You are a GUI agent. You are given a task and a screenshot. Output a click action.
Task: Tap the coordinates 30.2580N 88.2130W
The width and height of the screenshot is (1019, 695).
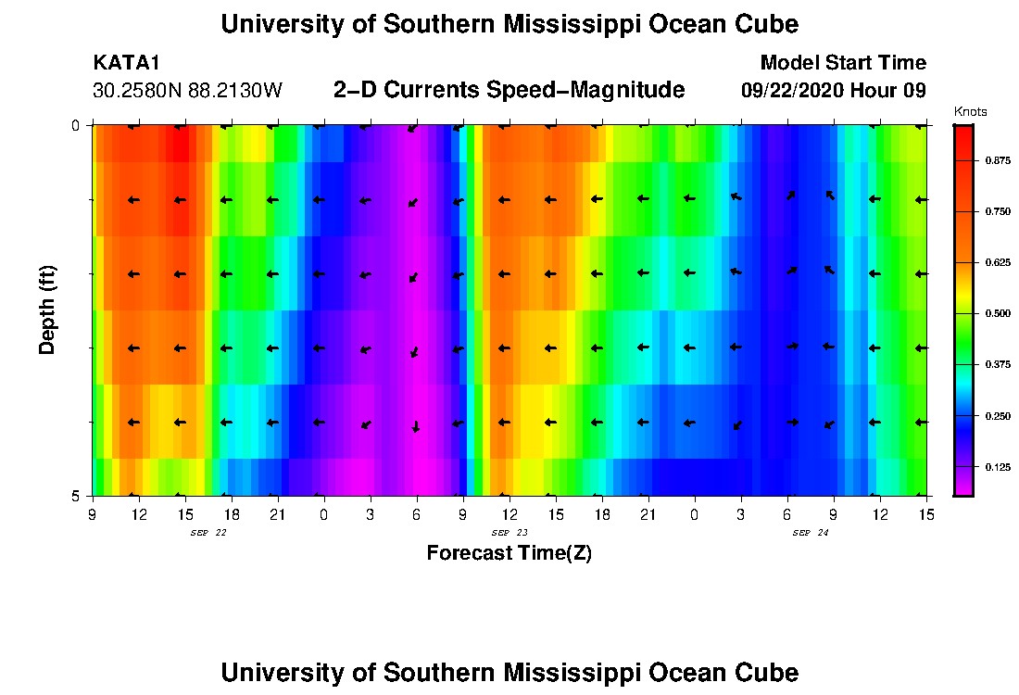(187, 91)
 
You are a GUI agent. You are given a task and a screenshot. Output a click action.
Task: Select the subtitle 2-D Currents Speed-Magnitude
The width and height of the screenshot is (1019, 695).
(509, 90)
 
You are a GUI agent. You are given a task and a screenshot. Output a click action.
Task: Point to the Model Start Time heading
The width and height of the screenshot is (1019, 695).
(842, 63)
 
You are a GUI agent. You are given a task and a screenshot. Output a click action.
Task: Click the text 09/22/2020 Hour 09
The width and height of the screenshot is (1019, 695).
(834, 91)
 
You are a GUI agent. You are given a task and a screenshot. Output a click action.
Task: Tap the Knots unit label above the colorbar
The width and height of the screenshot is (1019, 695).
(970, 112)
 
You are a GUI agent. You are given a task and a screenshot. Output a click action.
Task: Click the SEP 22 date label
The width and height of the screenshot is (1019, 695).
(208, 533)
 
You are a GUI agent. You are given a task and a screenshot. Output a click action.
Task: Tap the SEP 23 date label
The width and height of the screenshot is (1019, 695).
(509, 533)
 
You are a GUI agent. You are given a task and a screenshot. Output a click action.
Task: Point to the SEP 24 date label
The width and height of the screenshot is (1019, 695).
(810, 533)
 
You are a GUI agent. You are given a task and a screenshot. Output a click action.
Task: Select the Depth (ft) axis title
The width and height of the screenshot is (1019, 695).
(48, 310)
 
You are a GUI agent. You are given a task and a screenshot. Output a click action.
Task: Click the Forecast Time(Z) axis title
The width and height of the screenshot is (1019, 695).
(509, 553)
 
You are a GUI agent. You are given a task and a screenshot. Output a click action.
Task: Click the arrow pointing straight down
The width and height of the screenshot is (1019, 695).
(416, 426)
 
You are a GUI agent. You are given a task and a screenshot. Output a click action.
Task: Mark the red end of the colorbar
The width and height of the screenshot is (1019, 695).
(963, 134)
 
